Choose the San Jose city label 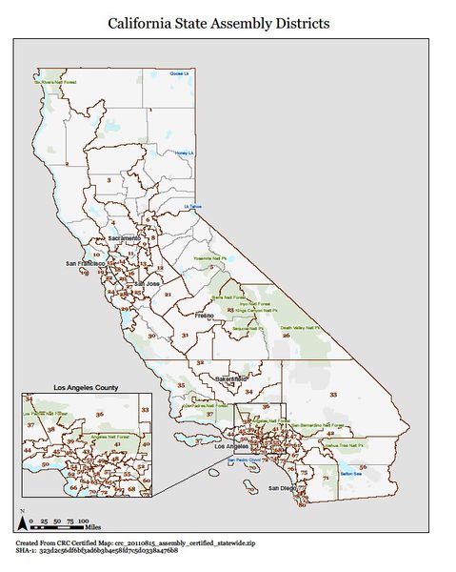click(x=147, y=283)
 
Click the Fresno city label click(x=205, y=314)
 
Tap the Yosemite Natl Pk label click(x=212, y=258)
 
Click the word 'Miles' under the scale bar click(x=92, y=525)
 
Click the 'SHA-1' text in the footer click(x=28, y=551)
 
